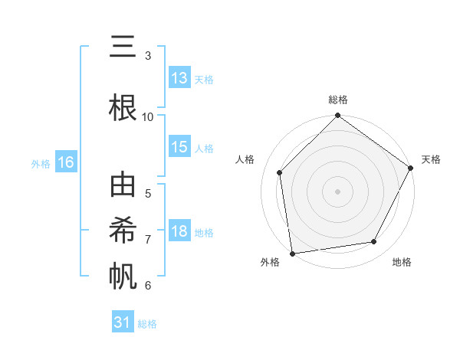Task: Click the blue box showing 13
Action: (179, 78)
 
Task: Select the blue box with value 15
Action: (179, 148)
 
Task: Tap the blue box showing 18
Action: (179, 231)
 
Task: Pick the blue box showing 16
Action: (65, 162)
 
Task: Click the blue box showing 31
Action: (123, 322)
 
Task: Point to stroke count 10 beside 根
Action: (148, 116)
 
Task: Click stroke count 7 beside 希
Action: (148, 239)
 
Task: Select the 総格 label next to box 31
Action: (147, 324)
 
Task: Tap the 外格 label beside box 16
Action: (41, 163)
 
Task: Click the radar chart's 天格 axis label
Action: (431, 159)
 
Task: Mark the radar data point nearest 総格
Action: (337, 116)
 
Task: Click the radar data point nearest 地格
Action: (374, 242)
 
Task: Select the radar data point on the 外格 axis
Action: (292, 253)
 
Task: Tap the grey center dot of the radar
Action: (337, 191)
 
